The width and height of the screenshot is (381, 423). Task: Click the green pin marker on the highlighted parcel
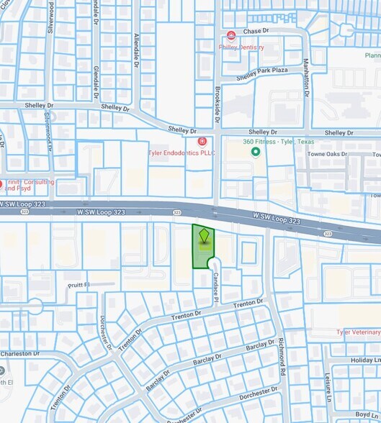coord(204,236)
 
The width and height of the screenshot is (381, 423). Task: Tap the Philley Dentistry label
coord(242,47)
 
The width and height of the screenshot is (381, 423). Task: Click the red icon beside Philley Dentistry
coord(231,35)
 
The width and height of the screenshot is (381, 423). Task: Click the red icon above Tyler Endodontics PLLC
coord(202,141)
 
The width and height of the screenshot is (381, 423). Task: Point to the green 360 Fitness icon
coord(254,152)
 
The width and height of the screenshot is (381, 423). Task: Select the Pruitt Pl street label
coord(84,285)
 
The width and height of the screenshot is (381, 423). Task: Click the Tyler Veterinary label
coord(358,332)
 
